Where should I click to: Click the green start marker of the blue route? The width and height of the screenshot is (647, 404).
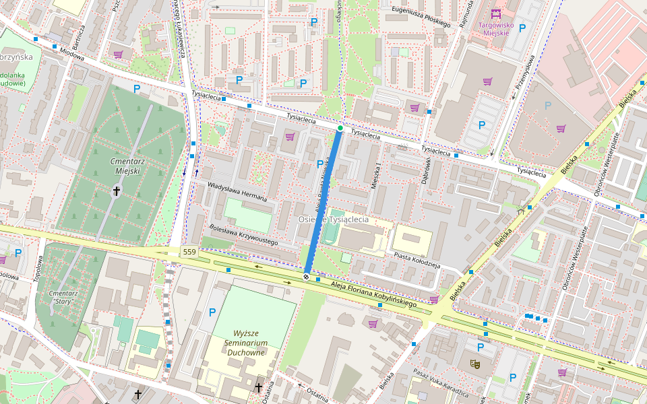(340, 128)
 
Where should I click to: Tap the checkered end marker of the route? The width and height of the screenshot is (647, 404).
(307, 276)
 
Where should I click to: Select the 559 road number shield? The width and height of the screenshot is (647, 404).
(190, 252)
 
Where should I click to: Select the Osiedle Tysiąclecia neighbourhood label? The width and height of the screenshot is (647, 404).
(334, 220)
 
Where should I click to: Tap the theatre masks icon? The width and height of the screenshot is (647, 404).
(475, 364)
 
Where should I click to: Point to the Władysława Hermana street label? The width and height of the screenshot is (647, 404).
(237, 192)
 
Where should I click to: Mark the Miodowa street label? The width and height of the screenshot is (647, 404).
(71, 54)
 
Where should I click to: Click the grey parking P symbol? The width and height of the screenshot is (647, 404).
(548, 105)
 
